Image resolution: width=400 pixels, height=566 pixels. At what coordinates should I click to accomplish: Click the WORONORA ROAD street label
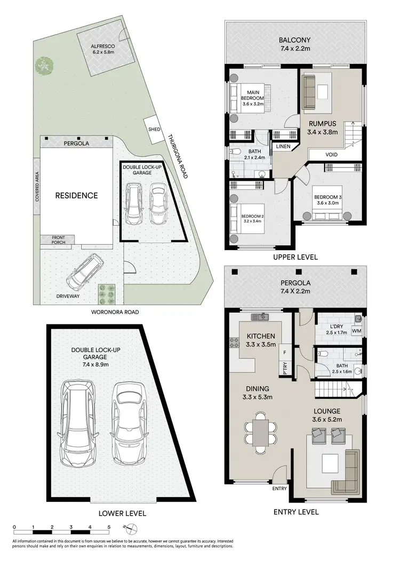(x=115, y=312)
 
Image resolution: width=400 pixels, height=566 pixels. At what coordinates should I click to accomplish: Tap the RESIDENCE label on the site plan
(x=77, y=195)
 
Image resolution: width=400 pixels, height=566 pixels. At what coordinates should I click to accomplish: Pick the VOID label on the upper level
(x=331, y=155)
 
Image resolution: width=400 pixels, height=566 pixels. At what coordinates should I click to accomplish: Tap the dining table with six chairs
(x=261, y=430)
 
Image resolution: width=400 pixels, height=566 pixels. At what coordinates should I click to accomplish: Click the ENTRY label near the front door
(x=279, y=489)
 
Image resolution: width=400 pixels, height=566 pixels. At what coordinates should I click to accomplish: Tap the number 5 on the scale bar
(x=109, y=527)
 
